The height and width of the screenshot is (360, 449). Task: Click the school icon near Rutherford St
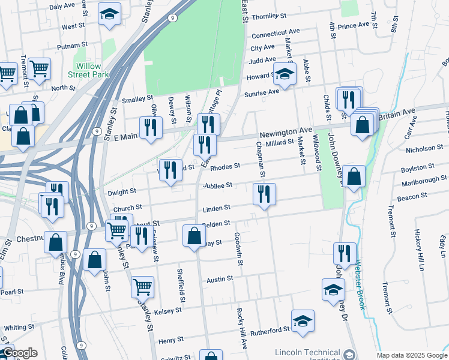303,320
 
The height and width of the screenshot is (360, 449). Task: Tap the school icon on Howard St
285,74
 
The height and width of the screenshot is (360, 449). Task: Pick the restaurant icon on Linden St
264,194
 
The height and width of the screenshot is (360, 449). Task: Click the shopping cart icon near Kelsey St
142,287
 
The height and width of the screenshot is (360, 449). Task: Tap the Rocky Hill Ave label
243,329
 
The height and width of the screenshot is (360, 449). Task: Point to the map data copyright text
412,355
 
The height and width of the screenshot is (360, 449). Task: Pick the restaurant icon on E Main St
151,127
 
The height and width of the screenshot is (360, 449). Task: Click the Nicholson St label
424,148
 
